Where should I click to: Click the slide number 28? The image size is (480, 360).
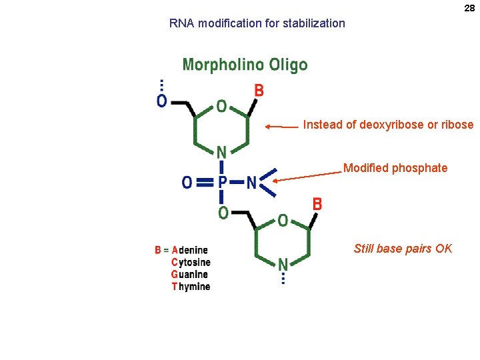pyautogui.click(x=469, y=8)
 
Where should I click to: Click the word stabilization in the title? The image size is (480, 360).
pyautogui.click(x=313, y=23)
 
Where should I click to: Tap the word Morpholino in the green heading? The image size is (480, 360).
pyautogui.click(x=222, y=65)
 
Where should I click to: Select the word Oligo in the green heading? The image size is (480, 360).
pyautogui.click(x=287, y=65)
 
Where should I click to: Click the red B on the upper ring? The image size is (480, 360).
pyautogui.click(x=259, y=90)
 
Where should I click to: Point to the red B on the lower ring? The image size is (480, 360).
pyautogui.click(x=317, y=204)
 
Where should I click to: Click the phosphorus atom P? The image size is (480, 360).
pyautogui.click(x=223, y=182)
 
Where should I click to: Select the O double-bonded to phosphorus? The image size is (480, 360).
pyautogui.click(x=187, y=182)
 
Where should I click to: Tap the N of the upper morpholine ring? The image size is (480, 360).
pyautogui.click(x=221, y=153)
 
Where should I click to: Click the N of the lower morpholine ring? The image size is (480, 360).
pyautogui.click(x=283, y=264)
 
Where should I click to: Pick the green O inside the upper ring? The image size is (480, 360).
pyautogui.click(x=221, y=107)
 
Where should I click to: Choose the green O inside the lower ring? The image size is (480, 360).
pyautogui.click(x=283, y=219)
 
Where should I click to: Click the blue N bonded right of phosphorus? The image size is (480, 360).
pyautogui.click(x=251, y=182)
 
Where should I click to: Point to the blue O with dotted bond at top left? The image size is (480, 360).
pyautogui.click(x=161, y=101)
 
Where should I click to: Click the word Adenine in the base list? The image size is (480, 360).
pyautogui.click(x=189, y=251)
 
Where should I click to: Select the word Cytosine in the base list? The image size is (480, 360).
pyautogui.click(x=191, y=263)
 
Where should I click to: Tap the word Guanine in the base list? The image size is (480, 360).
pyautogui.click(x=189, y=275)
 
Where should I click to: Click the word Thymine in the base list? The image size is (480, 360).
pyautogui.click(x=191, y=287)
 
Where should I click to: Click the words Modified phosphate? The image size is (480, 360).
pyautogui.click(x=395, y=168)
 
